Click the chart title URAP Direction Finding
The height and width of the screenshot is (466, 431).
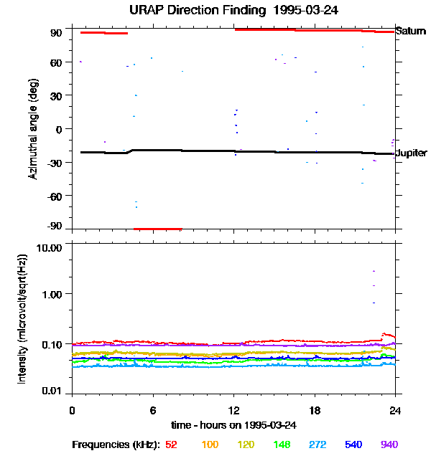pos(215,10)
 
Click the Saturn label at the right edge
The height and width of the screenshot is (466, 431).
pos(411,32)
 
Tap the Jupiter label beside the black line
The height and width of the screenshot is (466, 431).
pos(412,153)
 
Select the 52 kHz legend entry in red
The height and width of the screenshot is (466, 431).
pos(171,444)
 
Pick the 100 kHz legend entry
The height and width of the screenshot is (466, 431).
pos(210,444)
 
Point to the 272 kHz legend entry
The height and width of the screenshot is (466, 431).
pos(318,444)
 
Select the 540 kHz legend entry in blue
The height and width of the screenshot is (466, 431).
pos(353,444)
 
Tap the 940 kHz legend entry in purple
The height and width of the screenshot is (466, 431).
pos(389,444)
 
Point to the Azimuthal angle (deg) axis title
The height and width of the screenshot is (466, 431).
pos(33,129)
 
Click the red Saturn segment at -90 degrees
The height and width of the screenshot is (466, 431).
pos(158,229)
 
